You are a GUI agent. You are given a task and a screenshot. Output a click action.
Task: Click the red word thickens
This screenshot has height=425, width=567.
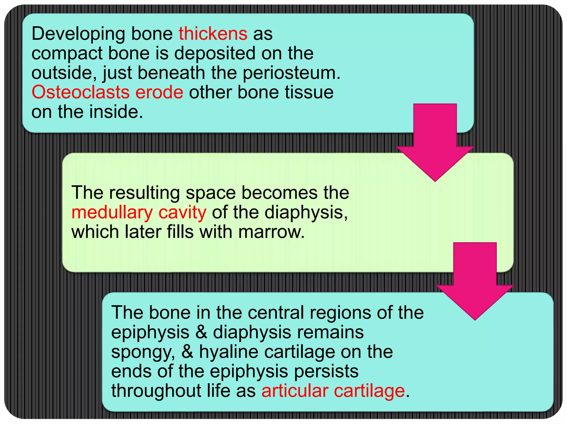pos(213,34)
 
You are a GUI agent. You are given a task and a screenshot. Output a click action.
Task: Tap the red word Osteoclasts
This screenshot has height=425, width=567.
pos(81,92)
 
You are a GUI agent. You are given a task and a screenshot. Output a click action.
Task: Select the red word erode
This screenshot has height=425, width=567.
pos(159,92)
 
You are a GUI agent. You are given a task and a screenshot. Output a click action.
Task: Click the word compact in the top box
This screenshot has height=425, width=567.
pos(67,54)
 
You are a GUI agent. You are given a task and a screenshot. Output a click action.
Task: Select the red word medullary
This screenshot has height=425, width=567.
pos(112,212)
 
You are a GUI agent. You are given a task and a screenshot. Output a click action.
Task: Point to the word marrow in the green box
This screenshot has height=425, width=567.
pos(271,232)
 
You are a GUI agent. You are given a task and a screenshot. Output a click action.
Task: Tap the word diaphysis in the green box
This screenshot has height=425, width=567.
pos(306,212)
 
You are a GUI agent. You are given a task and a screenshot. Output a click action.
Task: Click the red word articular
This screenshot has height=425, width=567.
pos(295,391)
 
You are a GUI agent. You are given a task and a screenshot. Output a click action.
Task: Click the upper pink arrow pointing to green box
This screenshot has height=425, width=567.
pos(435,144)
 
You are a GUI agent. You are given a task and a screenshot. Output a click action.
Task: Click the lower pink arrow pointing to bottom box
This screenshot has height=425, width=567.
pos(475,282)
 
